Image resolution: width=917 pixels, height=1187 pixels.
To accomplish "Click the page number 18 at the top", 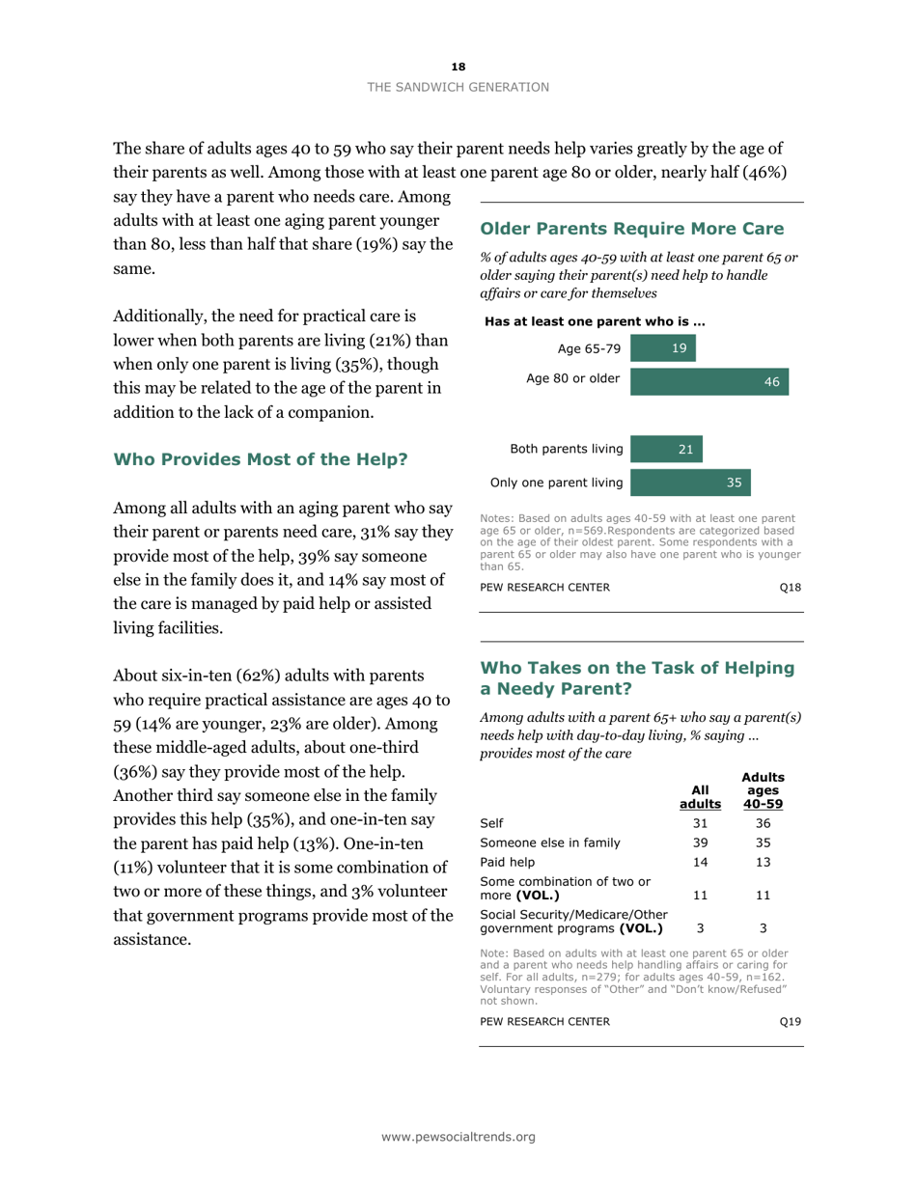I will [458, 66].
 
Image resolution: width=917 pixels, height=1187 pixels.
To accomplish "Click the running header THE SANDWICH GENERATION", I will [458, 87].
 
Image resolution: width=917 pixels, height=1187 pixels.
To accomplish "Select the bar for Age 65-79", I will [662, 348].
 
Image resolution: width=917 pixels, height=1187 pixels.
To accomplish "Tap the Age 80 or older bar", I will [709, 381].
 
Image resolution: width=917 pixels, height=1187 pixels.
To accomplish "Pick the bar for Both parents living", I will [666, 449].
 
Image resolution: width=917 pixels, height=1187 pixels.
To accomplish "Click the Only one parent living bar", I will [689, 482].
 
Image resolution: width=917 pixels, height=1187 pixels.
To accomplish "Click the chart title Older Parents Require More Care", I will [631, 229].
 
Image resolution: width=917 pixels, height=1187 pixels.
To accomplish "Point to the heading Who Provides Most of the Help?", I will [261, 459].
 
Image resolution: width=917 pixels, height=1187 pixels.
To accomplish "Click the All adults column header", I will [701, 796].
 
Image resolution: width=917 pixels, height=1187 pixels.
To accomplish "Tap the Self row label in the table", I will [490, 823].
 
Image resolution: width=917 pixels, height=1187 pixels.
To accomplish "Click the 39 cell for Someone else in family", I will [701, 842].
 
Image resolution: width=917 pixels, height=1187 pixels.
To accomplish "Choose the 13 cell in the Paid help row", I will [763, 862].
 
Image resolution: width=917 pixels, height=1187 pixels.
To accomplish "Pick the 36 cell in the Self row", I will [763, 823].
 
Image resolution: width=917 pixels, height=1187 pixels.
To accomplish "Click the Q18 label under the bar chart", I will [790, 588].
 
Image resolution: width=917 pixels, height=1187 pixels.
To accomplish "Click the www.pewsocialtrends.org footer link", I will [458, 1138].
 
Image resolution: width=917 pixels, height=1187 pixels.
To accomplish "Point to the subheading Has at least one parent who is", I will [595, 321].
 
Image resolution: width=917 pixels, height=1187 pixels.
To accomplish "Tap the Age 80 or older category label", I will [572, 378].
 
